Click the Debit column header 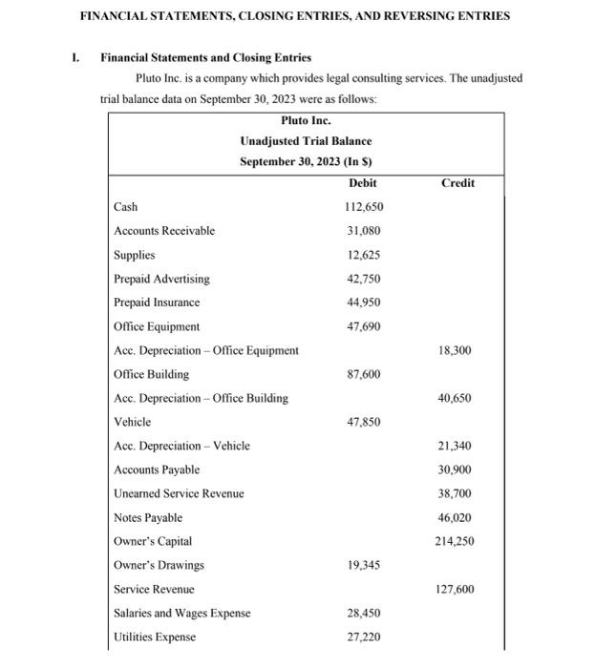[363, 183]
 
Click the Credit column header [457, 183]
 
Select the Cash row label [125, 207]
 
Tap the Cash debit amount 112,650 [363, 207]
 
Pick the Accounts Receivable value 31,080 [363, 231]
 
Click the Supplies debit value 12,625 [363, 255]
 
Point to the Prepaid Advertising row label [161, 279]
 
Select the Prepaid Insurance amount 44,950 [363, 303]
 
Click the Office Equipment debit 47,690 [363, 326]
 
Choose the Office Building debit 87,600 [363, 374]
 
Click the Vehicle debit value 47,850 [363, 422]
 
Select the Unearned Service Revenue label [179, 493]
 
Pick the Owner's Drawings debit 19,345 [363, 565]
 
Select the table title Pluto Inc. [306, 121]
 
